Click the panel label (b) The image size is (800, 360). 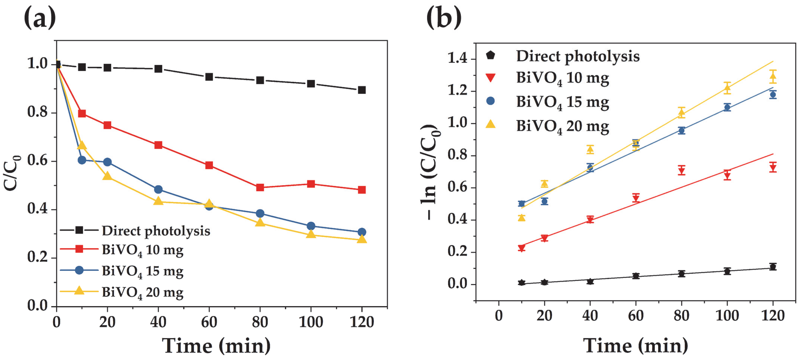pos(444,18)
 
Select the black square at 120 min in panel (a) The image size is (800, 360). pos(361,90)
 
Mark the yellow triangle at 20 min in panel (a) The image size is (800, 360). pos(107,176)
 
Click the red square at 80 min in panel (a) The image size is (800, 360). pos(260,187)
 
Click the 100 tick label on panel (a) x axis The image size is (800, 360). pos(311,322)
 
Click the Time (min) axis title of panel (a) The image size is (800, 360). pos(216,346)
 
